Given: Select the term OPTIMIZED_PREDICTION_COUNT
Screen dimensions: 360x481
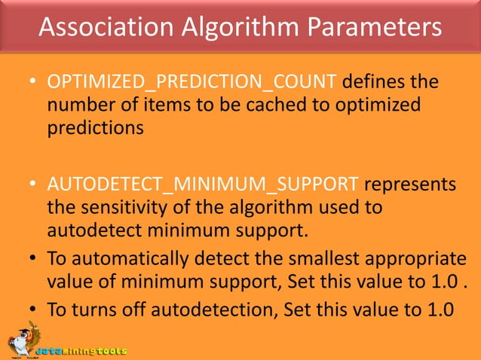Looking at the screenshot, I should coord(195,81).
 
